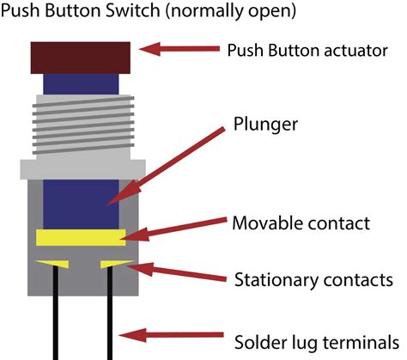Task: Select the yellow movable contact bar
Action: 80,236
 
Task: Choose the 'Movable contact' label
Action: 301,223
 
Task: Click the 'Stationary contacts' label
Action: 313,280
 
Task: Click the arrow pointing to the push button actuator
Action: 180,50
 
